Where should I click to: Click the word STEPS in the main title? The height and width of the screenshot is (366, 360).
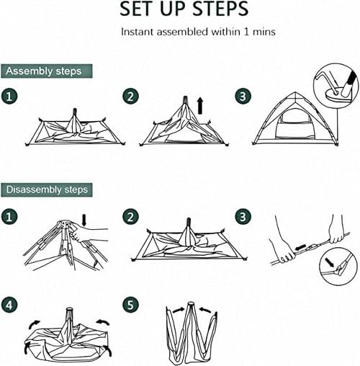pyautogui.click(x=220, y=9)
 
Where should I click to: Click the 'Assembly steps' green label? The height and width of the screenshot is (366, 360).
pyautogui.click(x=47, y=71)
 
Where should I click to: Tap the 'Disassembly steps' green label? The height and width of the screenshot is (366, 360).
pyautogui.click(x=47, y=189)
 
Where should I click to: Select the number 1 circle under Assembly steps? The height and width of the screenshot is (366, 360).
pyautogui.click(x=9, y=97)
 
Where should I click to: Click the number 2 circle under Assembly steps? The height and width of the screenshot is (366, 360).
pyautogui.click(x=131, y=97)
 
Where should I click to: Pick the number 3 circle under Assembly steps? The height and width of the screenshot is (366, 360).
pyautogui.click(x=243, y=97)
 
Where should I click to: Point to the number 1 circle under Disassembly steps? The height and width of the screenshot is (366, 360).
pyautogui.click(x=9, y=217)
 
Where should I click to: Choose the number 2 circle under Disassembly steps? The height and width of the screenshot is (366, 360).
pyautogui.click(x=131, y=217)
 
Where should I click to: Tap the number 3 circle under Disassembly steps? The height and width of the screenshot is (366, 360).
pyautogui.click(x=243, y=217)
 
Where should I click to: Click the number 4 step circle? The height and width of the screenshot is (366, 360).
pyautogui.click(x=9, y=305)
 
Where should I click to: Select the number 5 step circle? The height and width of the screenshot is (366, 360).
pyautogui.click(x=131, y=305)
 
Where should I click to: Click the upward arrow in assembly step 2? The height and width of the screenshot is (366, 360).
pyautogui.click(x=200, y=106)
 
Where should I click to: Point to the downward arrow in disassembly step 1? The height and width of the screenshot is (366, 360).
pyautogui.click(x=84, y=220)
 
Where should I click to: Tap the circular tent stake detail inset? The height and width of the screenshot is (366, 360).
pyautogui.click(x=336, y=86)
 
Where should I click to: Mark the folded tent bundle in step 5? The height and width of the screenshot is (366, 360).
pyautogui.click(x=192, y=333)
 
